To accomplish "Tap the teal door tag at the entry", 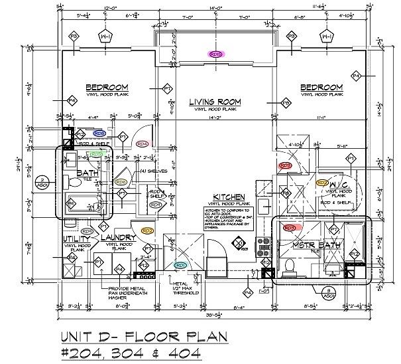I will (180, 264).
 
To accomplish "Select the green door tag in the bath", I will (96, 154).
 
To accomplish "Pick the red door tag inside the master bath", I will (290, 227).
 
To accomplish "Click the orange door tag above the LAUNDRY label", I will (148, 230).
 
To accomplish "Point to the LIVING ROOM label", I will (213, 102).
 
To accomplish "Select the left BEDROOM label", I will (106, 88).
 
